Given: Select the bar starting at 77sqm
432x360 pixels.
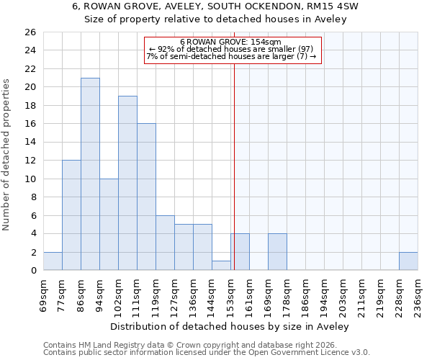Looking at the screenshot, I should (x=71, y=215).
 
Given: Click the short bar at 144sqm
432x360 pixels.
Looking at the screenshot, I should (x=221, y=266).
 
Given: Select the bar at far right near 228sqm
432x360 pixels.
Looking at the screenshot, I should (x=408, y=261).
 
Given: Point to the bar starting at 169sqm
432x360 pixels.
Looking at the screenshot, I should (x=277, y=252).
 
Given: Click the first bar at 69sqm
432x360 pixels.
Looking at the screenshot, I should (x=53, y=261).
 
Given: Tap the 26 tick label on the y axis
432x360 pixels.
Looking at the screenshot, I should (x=30, y=32).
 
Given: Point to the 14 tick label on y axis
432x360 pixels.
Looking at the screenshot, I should (x=30, y=143).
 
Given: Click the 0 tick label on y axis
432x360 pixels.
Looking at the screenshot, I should (x=32, y=271).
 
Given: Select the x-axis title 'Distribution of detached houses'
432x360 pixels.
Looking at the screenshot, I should (x=230, y=326).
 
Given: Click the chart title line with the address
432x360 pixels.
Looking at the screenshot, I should (x=215, y=6).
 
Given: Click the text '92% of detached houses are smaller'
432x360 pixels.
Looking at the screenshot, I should (x=230, y=49).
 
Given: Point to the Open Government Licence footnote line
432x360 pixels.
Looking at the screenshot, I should (x=207, y=352).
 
